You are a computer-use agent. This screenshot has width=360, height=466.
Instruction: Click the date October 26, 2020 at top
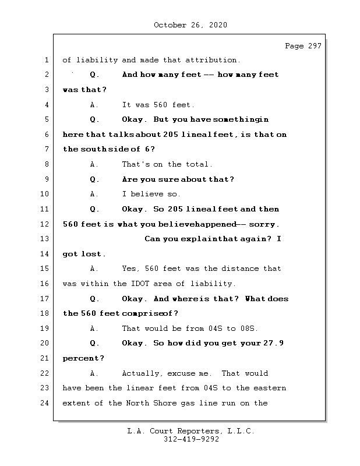point(190,25)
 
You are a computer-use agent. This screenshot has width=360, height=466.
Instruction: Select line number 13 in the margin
point(46,239)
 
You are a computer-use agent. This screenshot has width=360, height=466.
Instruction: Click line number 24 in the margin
point(46,403)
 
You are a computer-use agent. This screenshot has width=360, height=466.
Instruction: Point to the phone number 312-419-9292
point(191,440)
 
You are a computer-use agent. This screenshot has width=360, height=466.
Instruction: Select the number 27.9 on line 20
point(273,343)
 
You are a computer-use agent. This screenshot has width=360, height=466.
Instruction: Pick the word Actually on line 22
point(142,373)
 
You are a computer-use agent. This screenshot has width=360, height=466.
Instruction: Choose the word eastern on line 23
point(270,388)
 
